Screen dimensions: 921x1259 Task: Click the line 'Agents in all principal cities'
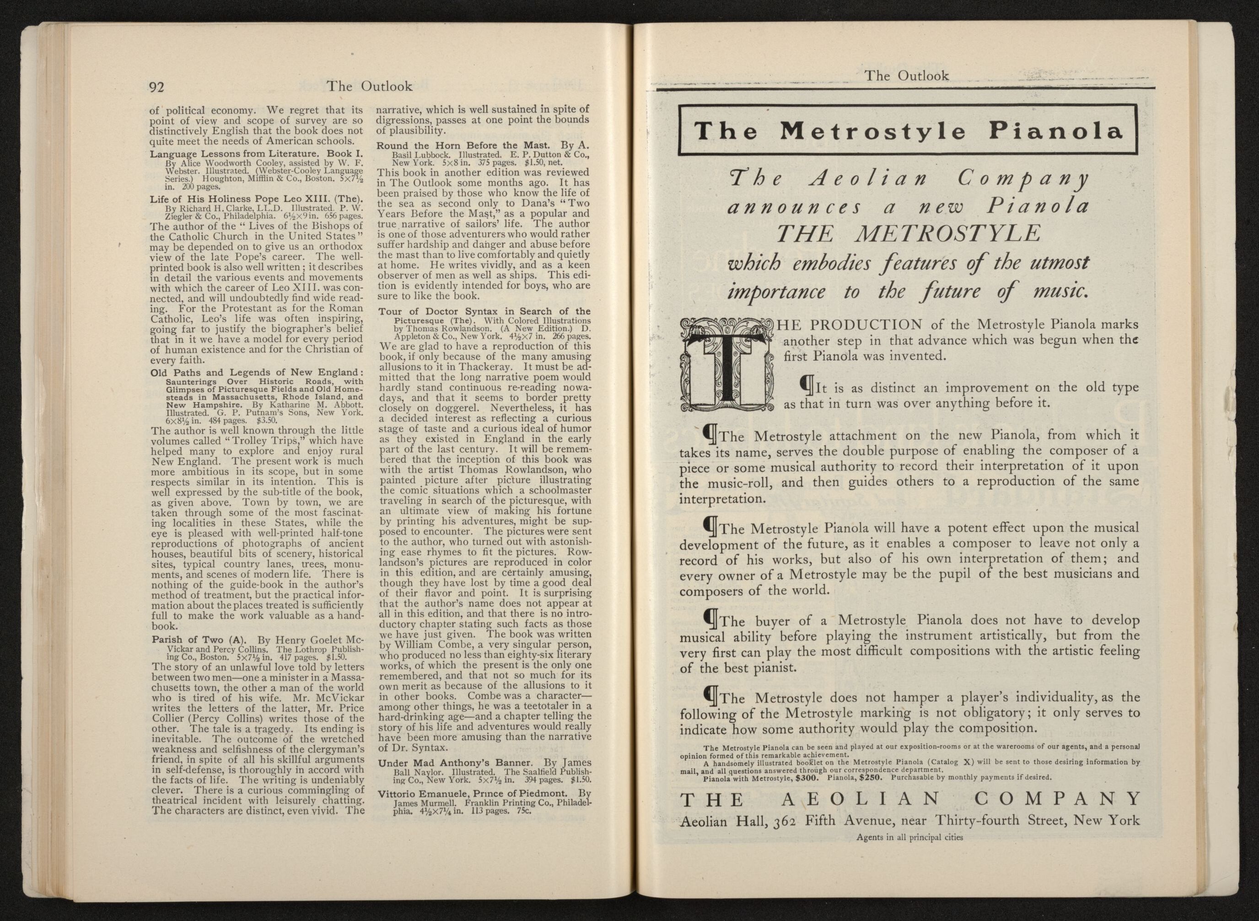point(909,837)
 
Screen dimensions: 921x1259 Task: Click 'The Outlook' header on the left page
point(369,86)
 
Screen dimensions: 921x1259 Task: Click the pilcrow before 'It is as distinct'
point(805,384)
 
